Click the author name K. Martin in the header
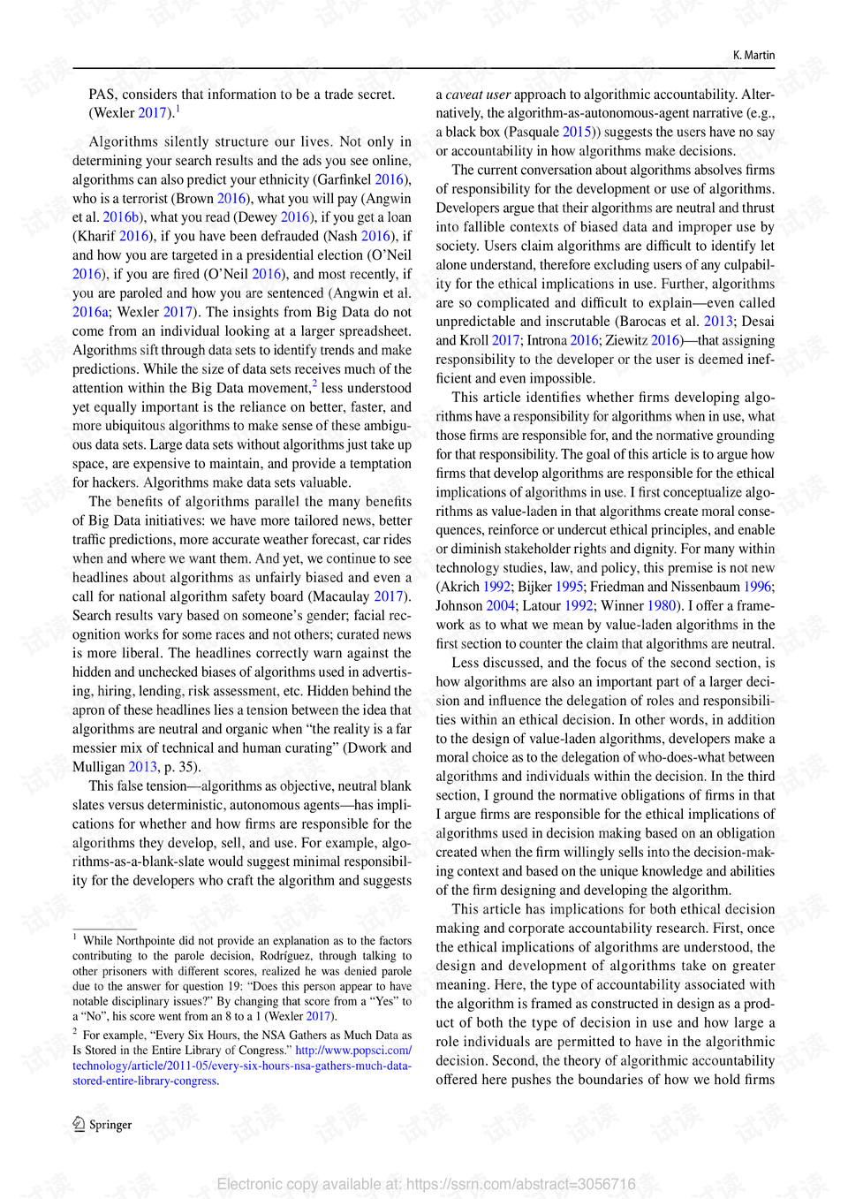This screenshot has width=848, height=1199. (753, 55)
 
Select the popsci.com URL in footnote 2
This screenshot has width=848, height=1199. (353, 1051)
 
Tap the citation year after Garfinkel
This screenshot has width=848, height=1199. (389, 179)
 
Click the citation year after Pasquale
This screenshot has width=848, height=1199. (577, 132)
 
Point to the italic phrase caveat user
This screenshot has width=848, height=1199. (478, 95)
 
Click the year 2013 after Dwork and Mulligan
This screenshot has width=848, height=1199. (142, 767)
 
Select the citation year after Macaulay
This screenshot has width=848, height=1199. (389, 596)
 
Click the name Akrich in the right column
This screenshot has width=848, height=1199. (461, 587)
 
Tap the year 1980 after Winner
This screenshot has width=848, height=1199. (662, 606)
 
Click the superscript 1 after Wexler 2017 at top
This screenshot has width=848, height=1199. (178, 109)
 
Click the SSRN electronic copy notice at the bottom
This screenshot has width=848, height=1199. (426, 1184)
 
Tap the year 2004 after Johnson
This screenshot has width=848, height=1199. (500, 606)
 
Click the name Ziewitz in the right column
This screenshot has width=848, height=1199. (626, 340)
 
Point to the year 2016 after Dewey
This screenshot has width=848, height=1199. (295, 217)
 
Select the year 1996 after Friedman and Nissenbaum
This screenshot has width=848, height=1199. (757, 587)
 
